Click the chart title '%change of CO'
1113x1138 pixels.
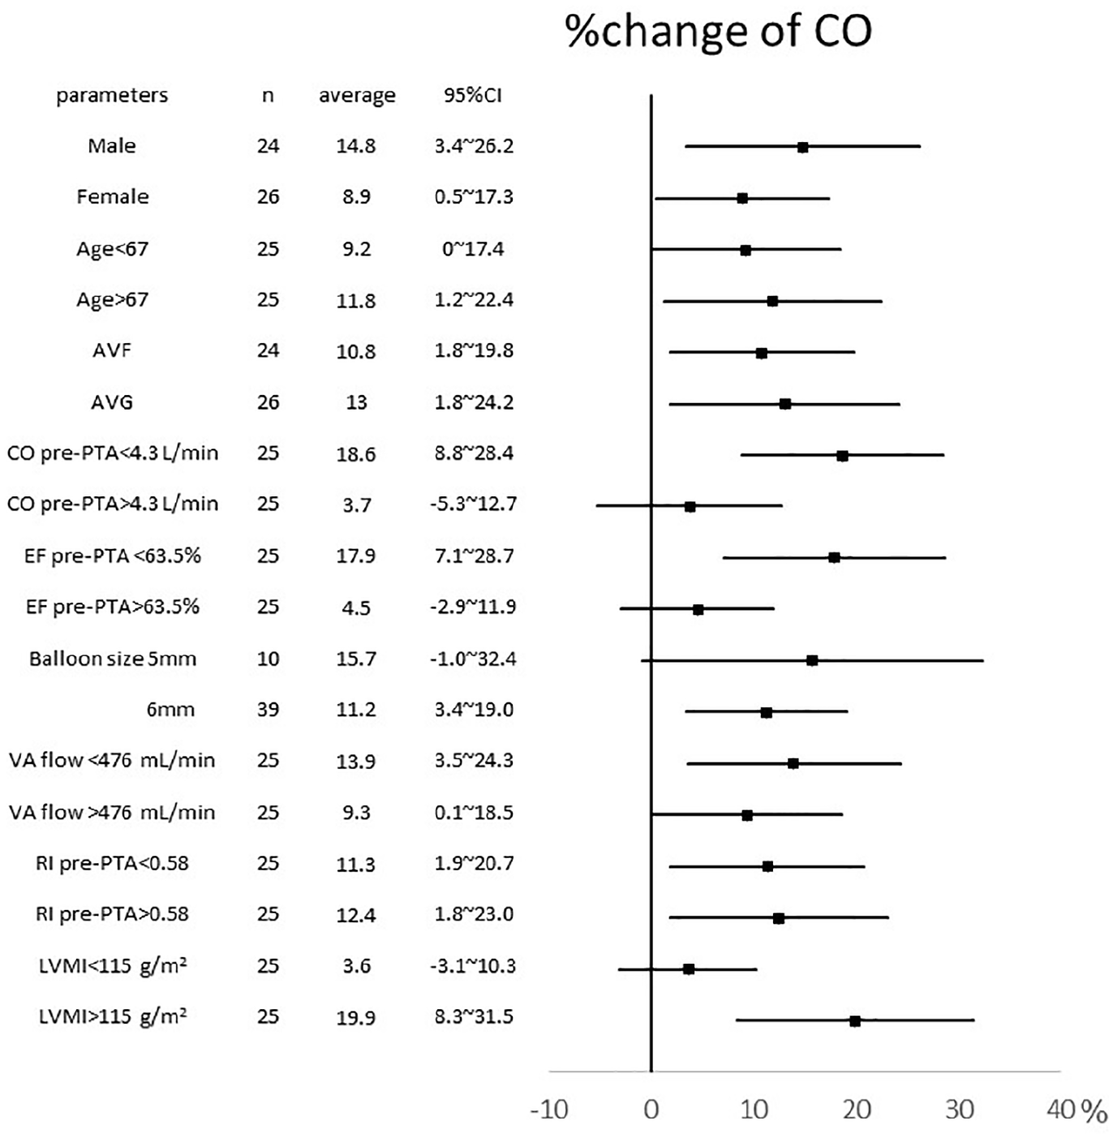[718, 32]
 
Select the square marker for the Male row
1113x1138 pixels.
[803, 148]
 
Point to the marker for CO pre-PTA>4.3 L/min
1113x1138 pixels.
[690, 507]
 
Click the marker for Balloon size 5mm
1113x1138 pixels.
[812, 661]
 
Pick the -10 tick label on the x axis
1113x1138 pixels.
[549, 1110]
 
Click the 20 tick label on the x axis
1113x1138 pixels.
[857, 1110]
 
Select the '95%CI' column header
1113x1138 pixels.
[473, 95]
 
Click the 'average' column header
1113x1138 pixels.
[357, 96]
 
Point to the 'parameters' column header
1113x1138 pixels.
[112, 96]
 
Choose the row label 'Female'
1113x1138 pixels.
[112, 196]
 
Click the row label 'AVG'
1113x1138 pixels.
[112, 402]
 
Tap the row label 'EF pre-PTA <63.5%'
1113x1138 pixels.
[112, 556]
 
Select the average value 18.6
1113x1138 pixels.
[355, 453]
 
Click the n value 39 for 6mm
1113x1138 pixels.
[268, 710]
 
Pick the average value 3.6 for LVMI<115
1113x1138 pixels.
[356, 965]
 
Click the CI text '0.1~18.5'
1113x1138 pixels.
[474, 812]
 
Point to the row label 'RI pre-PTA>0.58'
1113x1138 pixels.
[112, 913]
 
